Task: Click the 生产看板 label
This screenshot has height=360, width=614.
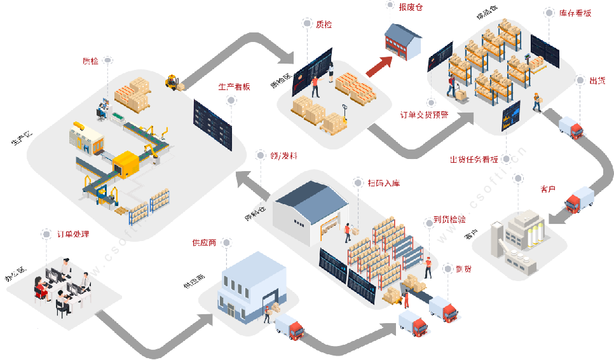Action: (x=234, y=87)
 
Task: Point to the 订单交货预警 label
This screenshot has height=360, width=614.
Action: (x=424, y=115)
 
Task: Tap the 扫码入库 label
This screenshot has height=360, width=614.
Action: (x=383, y=184)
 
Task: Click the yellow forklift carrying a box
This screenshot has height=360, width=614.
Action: (x=174, y=83)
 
